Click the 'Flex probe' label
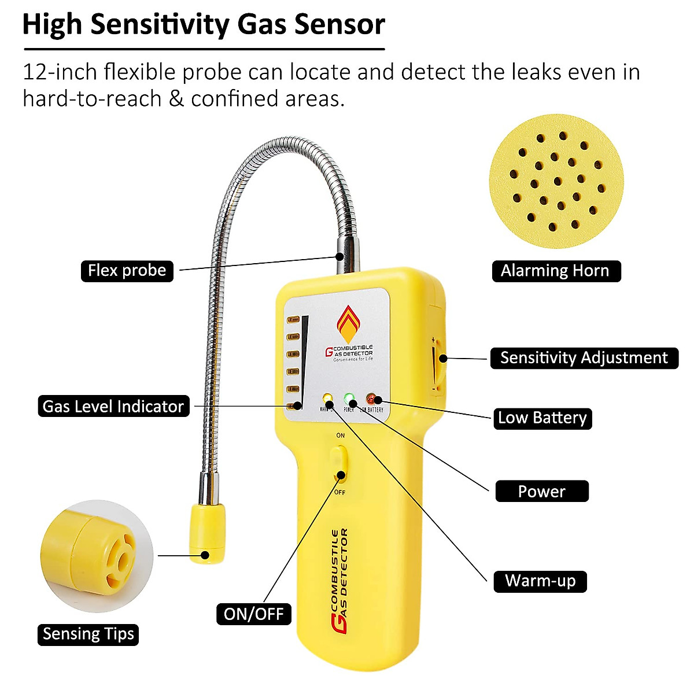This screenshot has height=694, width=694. (127, 271)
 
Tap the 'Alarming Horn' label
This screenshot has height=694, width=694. (555, 271)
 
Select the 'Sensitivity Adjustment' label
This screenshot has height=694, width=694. (584, 358)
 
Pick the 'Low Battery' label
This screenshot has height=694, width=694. (542, 418)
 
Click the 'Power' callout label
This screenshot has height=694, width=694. (541, 492)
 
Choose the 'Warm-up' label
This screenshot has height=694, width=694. (540, 581)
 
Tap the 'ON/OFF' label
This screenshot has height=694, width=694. (253, 614)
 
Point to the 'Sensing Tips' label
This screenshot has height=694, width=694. (88, 634)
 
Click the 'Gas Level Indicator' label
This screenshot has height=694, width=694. (113, 407)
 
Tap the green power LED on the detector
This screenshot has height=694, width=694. (349, 399)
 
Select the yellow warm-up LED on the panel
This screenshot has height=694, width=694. (327, 399)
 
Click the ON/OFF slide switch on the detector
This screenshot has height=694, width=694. (340, 463)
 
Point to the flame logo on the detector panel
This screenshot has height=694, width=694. (349, 324)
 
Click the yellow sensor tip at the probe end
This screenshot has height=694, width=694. (207, 532)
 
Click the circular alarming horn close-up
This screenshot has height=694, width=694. (556, 182)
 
